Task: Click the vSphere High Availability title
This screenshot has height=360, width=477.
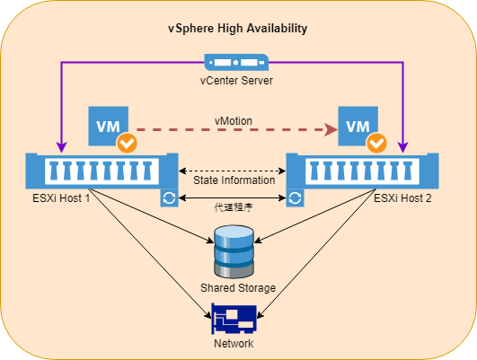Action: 237,29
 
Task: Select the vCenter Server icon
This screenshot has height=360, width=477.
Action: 236,62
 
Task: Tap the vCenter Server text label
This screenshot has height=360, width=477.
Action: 236,81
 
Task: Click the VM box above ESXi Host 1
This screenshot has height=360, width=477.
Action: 109,126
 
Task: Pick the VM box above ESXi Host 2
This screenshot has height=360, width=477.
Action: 358,126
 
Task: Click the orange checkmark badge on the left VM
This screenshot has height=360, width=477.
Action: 128,143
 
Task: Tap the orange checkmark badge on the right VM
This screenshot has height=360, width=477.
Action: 377,143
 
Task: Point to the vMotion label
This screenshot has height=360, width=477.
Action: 234,121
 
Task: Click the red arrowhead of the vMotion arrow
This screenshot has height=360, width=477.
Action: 331,129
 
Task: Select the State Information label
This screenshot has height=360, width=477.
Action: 234,180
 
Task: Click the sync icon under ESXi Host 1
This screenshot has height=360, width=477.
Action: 169,198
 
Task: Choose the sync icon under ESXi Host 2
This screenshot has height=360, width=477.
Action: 295,198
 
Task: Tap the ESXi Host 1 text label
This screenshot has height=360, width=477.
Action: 61,198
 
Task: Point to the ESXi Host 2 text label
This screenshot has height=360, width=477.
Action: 402,198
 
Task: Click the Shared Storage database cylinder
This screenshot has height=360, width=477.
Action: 234,251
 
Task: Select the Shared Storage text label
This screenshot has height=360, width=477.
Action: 238,287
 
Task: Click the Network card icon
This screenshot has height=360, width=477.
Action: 234,319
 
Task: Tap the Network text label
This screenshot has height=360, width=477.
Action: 234,344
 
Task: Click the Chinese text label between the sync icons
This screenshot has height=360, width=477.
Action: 234,207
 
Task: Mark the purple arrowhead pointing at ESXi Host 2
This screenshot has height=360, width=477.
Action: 403,147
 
